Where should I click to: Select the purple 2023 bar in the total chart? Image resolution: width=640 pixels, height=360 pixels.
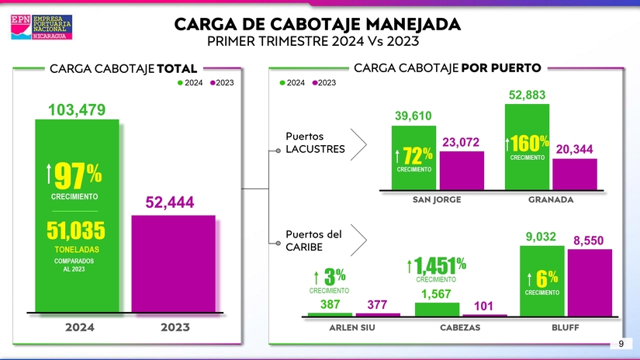click(173, 263)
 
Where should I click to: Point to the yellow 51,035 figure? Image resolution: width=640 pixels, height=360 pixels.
click(76, 231)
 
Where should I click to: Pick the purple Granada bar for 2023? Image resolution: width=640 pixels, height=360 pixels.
click(575, 174)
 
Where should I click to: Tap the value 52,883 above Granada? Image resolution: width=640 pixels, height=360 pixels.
click(528, 95)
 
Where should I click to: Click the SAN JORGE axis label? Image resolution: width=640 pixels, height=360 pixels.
click(437, 199)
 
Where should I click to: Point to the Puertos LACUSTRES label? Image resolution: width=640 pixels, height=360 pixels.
click(315, 143)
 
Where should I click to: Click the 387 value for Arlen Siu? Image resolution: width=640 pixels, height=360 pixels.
click(330, 305)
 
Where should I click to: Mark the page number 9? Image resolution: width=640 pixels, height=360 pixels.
click(621, 344)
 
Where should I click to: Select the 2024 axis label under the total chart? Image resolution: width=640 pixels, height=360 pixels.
click(80, 327)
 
